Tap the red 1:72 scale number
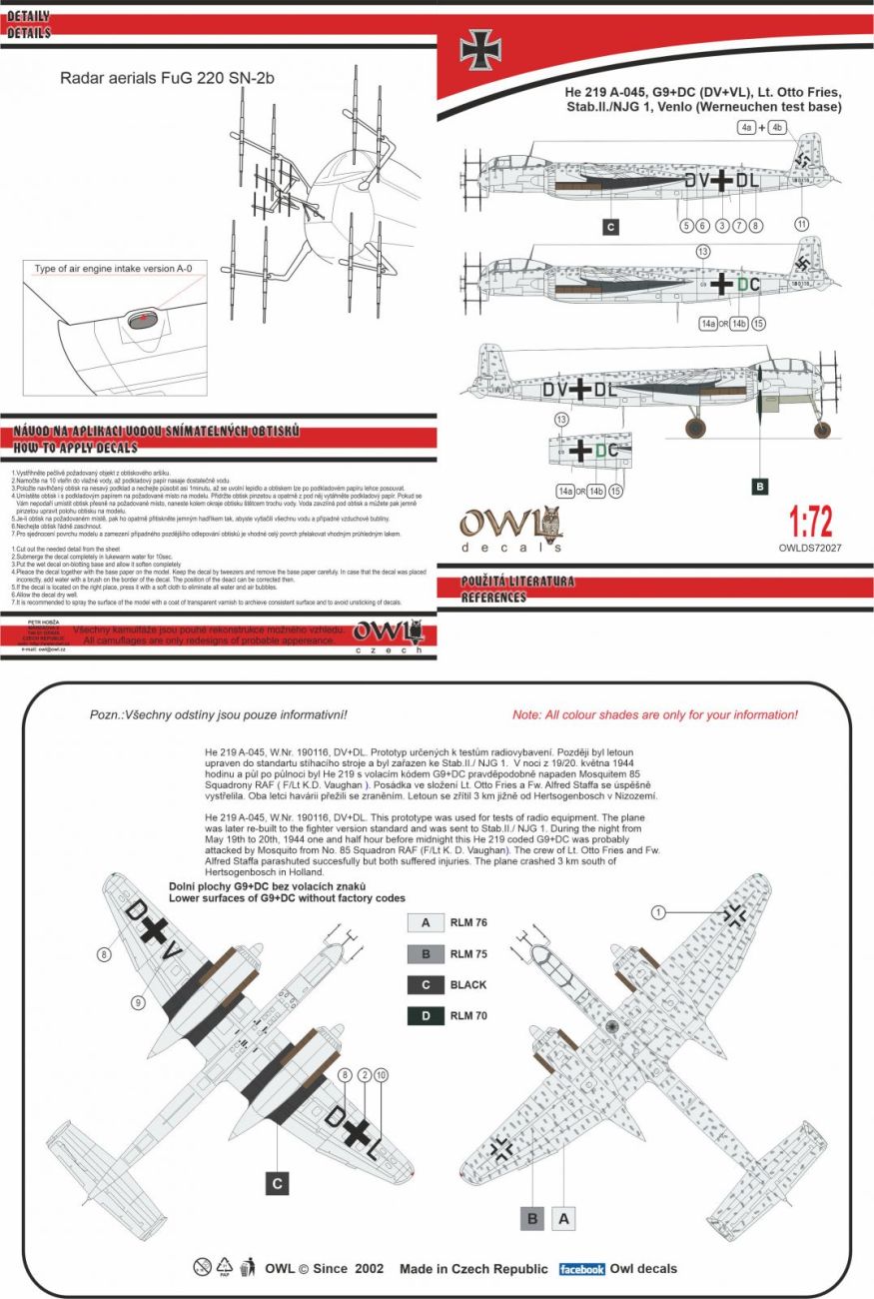click(x=810, y=523)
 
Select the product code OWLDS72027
click(x=810, y=548)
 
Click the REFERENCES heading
click(x=493, y=598)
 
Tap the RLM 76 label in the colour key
click(x=468, y=924)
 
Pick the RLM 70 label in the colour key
click(x=468, y=1017)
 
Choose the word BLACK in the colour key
click(x=468, y=985)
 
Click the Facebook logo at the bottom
click(x=581, y=1269)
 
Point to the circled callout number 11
click(x=800, y=224)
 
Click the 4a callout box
click(x=746, y=128)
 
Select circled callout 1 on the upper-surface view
click(x=657, y=911)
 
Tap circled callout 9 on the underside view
click(x=139, y=1001)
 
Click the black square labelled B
click(x=759, y=487)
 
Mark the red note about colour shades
click(x=654, y=715)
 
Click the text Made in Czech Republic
click(x=473, y=1269)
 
